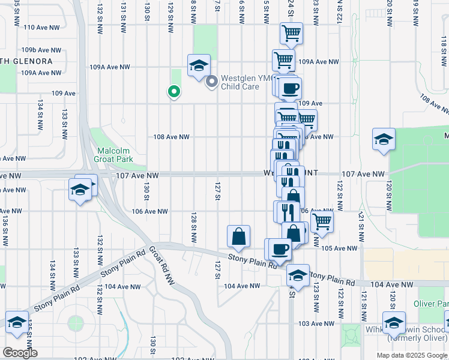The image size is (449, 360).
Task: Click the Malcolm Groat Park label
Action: coord(113,155)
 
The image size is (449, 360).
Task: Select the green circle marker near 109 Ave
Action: coord(173,92)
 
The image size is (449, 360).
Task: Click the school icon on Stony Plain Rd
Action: coord(297,275)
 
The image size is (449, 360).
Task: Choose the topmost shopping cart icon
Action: coord(291,33)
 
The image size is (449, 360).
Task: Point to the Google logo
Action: coord(19,353)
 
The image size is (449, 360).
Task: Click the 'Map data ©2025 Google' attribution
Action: coord(411,355)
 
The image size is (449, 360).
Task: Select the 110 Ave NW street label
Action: coord(41,28)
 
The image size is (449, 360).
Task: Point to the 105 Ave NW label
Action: coord(339,248)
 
